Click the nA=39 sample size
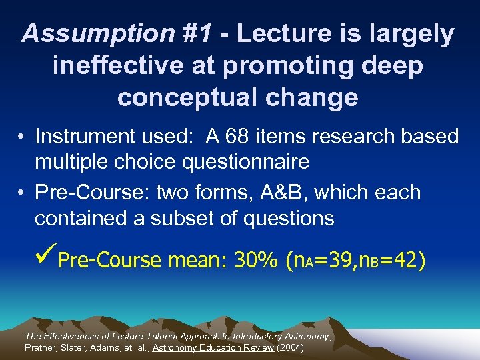(x=317, y=260)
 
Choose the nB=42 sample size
(x=390, y=260)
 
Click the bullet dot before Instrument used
(x=23, y=137)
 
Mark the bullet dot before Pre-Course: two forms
(x=23, y=193)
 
